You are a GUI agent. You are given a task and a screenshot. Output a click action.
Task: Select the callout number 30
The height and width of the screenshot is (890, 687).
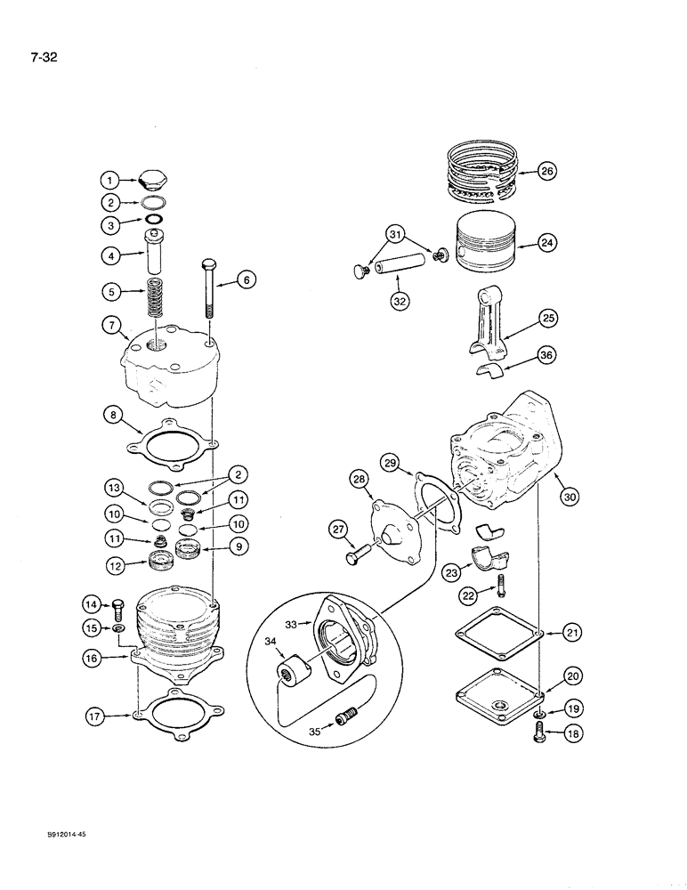point(570,499)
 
